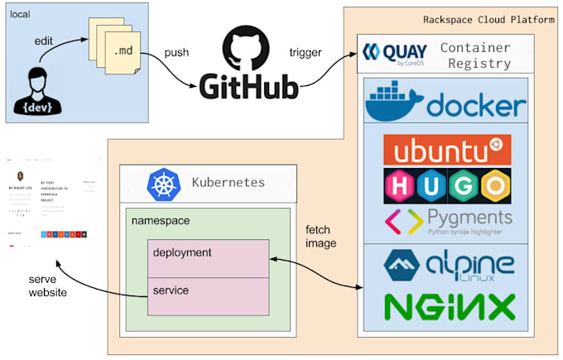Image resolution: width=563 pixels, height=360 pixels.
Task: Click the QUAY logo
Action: pos(394,54)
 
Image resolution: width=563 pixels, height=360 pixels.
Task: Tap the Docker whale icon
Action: pos(394,103)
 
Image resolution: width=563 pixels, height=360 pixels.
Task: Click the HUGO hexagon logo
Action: pos(446,185)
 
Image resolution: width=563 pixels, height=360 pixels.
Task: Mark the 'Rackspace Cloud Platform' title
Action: pos(488,19)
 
